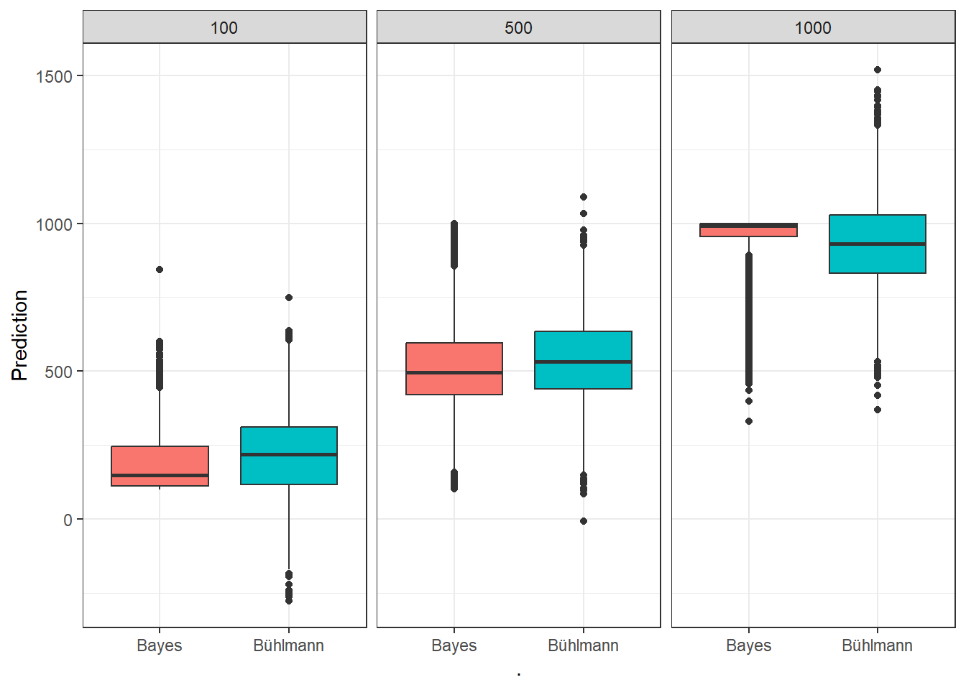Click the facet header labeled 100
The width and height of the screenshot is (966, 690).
pos(224,28)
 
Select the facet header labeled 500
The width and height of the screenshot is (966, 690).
pos(518,28)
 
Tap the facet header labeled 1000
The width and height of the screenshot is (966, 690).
pos(813,28)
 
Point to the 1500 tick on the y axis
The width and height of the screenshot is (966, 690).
pos(55,76)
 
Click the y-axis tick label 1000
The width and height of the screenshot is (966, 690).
pos(55,224)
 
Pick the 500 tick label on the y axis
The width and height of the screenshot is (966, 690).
pos(59,372)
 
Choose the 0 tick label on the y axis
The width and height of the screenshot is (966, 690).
pos(68,520)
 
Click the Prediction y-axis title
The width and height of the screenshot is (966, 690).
pos(19,335)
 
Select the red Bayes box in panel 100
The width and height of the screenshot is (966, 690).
pos(160,466)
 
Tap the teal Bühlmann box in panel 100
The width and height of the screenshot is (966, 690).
pos(289,456)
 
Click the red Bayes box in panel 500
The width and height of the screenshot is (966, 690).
pos(454,369)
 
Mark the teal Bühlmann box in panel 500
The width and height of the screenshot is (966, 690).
pos(584,360)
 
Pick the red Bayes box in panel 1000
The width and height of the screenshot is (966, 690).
pos(748,230)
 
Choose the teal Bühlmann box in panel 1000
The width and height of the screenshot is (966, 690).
pos(878,244)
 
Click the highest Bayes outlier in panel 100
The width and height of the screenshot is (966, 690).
pos(160,270)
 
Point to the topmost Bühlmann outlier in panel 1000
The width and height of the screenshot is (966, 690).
pos(878,70)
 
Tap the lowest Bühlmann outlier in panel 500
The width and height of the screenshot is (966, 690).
pos(584,521)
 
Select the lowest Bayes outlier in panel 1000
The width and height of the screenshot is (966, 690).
pos(749,421)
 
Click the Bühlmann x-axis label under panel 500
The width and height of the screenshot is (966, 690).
pos(583,645)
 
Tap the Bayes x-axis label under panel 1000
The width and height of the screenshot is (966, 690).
pos(748,645)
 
